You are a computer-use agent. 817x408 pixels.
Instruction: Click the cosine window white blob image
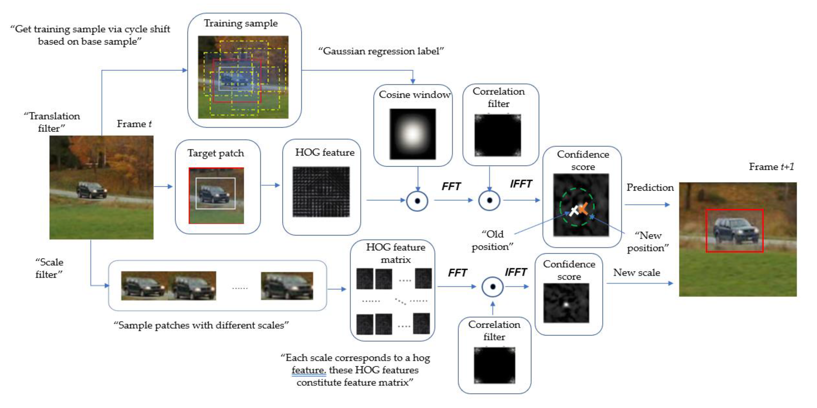tap(412, 134)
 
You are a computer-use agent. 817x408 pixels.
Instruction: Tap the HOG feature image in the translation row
tap(321, 192)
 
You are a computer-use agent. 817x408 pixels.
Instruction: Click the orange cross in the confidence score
tap(583, 208)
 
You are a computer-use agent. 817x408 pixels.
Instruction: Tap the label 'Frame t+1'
tap(771, 167)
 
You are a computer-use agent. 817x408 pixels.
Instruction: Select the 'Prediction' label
tap(650, 187)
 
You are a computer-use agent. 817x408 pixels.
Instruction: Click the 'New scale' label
tap(636, 273)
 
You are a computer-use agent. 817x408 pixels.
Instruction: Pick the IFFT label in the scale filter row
tap(516, 272)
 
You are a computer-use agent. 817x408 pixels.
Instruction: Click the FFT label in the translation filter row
tap(451, 186)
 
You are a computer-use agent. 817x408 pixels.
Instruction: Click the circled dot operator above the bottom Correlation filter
tap(492, 287)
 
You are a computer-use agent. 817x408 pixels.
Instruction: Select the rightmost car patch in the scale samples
tap(287, 286)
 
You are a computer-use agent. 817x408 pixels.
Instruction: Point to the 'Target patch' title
tap(216, 153)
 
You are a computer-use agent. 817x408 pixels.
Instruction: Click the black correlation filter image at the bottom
tap(494, 365)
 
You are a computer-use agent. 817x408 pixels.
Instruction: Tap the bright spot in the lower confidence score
tap(566, 305)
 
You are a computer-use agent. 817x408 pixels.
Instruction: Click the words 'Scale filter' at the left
tap(49, 268)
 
